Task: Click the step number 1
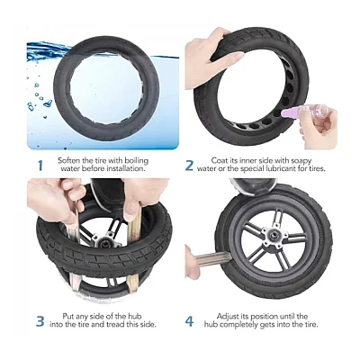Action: [40, 166]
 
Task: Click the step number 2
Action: [189, 166]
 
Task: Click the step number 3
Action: [40, 321]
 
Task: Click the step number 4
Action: [189, 321]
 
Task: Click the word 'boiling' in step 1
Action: [137, 161]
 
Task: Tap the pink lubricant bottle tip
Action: [286, 112]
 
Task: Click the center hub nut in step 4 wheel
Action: [274, 235]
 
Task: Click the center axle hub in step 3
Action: [103, 240]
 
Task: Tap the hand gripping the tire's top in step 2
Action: [210, 58]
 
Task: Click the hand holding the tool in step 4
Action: [192, 262]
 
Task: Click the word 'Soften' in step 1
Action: [69, 160]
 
